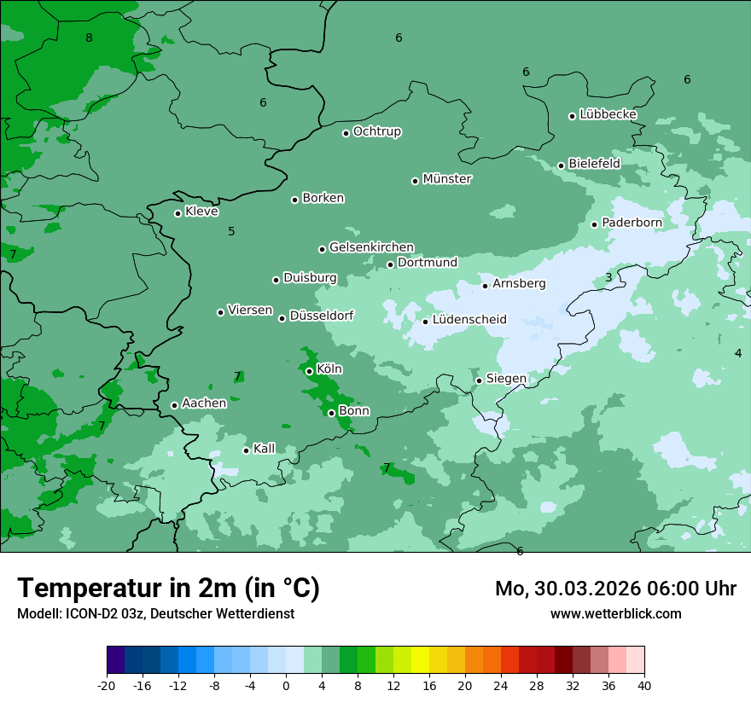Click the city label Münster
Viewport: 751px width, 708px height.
tap(447, 179)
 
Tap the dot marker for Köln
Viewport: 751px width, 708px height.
tap(309, 371)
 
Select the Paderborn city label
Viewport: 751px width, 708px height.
tap(632, 223)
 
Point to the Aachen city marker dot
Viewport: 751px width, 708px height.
tap(174, 405)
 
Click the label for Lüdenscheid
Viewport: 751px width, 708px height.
tap(469, 320)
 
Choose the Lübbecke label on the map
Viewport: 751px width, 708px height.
tap(608, 114)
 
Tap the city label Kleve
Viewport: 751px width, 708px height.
tap(201, 212)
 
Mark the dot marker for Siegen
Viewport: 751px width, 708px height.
tap(479, 380)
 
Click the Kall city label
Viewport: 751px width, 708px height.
tap(265, 449)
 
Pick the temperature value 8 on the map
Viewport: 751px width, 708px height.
tap(89, 38)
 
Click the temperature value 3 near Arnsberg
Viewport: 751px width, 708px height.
tap(608, 277)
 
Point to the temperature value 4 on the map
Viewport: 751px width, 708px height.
tap(738, 352)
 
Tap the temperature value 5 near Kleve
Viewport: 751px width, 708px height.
tap(231, 231)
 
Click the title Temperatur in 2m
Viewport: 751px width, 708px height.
tap(168, 589)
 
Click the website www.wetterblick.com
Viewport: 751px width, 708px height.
tap(615, 614)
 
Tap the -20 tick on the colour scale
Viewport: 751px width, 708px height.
tap(107, 685)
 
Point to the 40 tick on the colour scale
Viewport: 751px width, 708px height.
tap(644, 685)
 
